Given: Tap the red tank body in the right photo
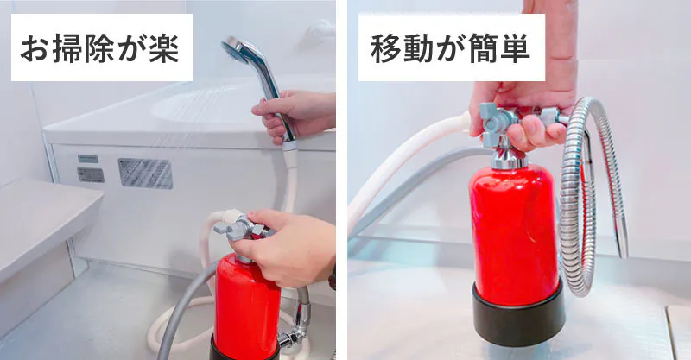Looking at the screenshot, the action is pos(514,235).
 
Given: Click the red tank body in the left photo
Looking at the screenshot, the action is pos(246,308).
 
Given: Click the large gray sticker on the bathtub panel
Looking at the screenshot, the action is pos(145,174).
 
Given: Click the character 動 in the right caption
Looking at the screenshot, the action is pos(419,48).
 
